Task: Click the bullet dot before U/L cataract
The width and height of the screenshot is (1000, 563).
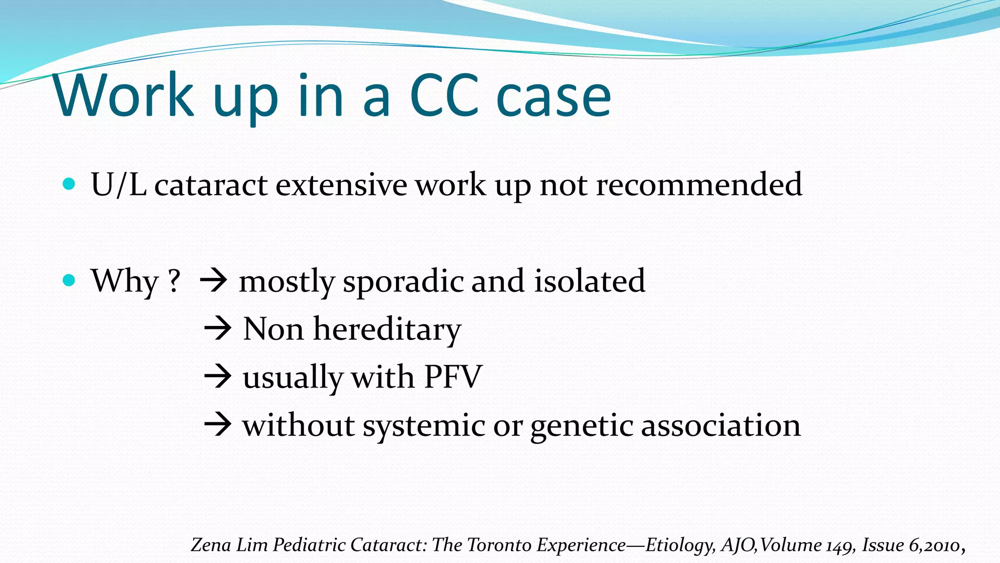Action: tap(69, 184)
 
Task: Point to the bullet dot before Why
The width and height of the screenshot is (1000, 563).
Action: tap(69, 281)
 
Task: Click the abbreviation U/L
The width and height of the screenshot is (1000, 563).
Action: tap(119, 185)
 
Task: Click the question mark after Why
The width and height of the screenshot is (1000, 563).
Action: tap(174, 281)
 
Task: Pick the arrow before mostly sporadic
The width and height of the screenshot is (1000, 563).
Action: tap(213, 281)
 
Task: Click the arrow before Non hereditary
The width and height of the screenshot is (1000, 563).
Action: tap(217, 328)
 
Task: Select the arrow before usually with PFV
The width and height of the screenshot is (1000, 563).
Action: tap(217, 377)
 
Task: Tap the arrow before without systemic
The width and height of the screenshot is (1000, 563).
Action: tap(217, 425)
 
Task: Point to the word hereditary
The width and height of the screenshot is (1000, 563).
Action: tap(387, 329)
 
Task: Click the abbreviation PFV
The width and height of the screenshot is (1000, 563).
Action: tap(453, 377)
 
